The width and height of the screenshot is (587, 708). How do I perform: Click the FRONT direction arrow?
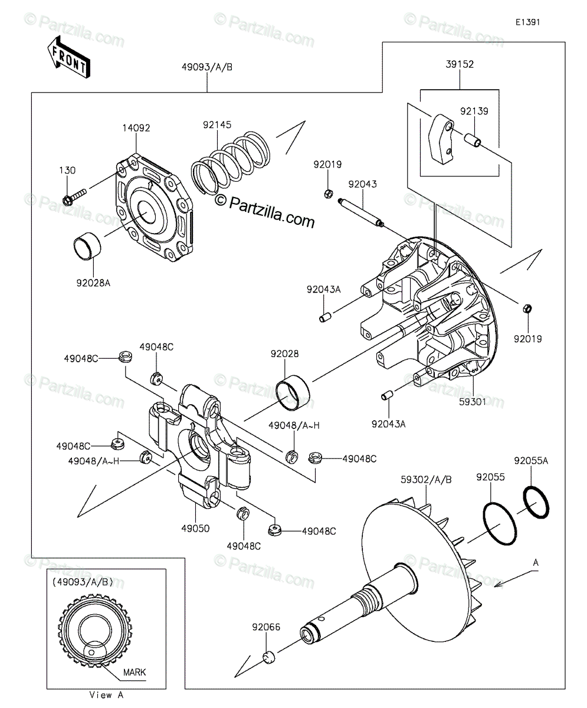[x=69, y=58]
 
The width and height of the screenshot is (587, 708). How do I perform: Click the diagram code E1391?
[x=527, y=22]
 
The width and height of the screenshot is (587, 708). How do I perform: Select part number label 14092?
[x=136, y=128]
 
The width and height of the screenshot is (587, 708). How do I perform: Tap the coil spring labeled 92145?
[x=231, y=163]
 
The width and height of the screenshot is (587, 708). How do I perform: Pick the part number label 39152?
[x=460, y=64]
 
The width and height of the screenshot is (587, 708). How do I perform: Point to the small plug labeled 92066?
[x=268, y=657]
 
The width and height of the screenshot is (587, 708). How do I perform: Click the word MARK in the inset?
[x=135, y=672]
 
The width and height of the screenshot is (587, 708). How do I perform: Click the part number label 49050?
[x=195, y=528]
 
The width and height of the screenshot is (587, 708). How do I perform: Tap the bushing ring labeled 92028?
[x=293, y=392]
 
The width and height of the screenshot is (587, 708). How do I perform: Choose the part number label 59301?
[x=473, y=402]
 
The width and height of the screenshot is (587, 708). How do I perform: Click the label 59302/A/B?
[x=426, y=480]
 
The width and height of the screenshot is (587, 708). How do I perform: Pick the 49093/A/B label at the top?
[x=207, y=67]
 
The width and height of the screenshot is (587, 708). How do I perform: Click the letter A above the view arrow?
[x=536, y=562]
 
